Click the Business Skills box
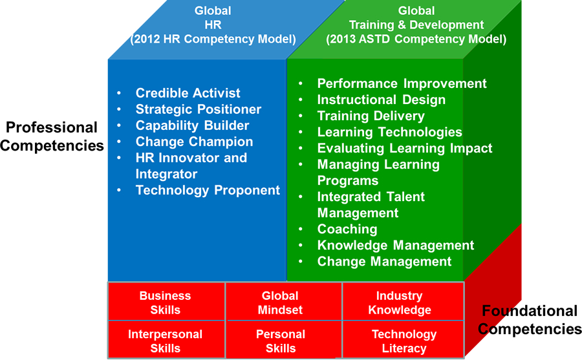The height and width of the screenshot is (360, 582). click(x=166, y=301)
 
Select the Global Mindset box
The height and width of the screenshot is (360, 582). click(x=284, y=301)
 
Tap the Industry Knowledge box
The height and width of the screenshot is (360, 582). click(x=403, y=301)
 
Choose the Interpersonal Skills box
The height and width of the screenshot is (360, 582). click(x=166, y=339)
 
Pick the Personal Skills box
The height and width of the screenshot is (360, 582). click(x=284, y=339)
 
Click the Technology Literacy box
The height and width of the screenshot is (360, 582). click(x=403, y=339)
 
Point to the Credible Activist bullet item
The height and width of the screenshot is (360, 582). click(x=188, y=93)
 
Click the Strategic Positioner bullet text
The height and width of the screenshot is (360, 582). click(x=199, y=109)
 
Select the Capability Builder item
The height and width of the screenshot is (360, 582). click(x=192, y=125)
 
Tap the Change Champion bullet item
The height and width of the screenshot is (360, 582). click(x=194, y=142)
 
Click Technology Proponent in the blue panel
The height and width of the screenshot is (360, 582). click(x=208, y=190)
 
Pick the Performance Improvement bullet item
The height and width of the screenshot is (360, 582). click(x=402, y=83)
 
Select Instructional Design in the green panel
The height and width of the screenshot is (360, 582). click(x=381, y=100)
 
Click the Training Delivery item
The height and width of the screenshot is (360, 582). click(x=371, y=116)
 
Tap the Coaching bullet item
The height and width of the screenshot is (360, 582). click(x=347, y=229)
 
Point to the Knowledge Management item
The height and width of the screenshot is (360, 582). click(x=396, y=246)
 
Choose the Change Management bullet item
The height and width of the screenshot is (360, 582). click(x=384, y=261)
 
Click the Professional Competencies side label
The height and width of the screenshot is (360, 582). click(x=52, y=136)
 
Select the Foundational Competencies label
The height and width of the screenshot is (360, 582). click(x=530, y=319)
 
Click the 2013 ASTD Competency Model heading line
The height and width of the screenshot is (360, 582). click(x=416, y=39)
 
